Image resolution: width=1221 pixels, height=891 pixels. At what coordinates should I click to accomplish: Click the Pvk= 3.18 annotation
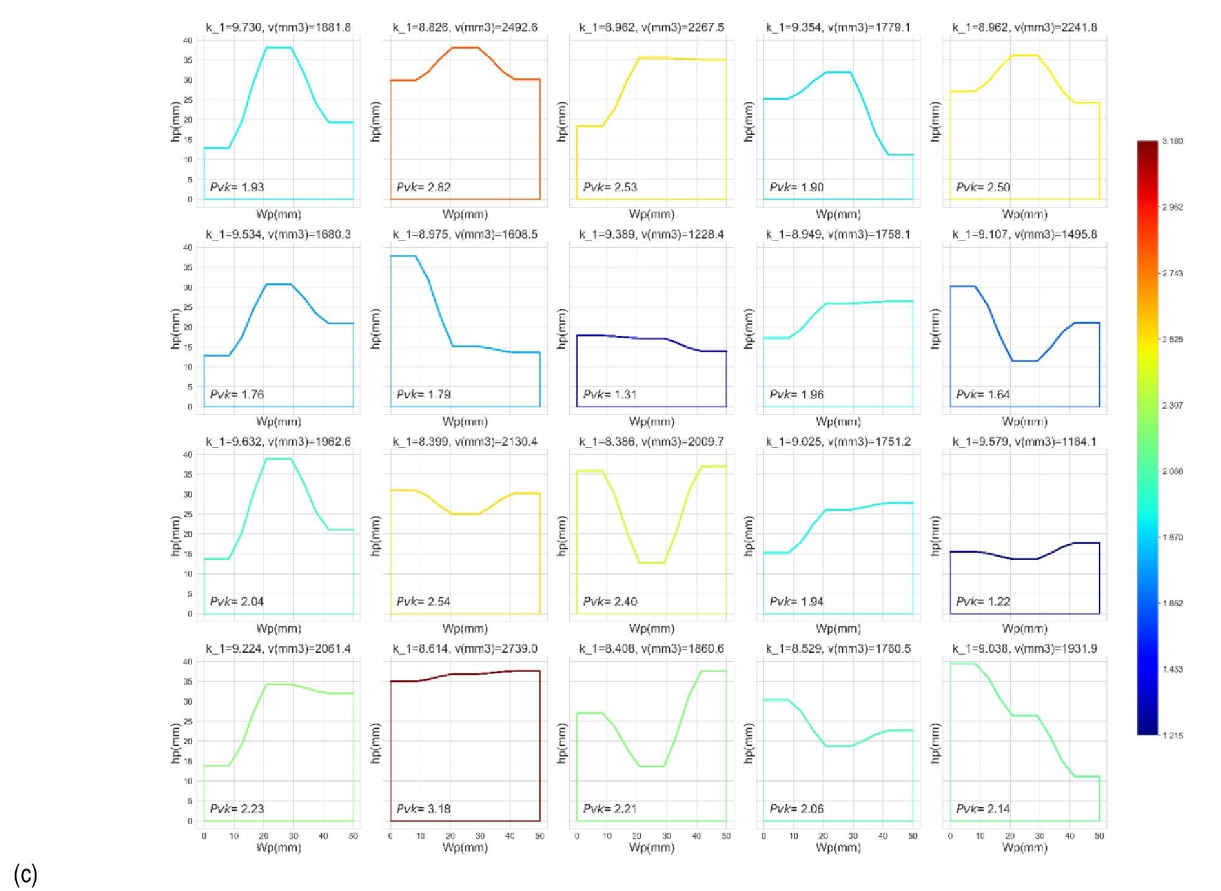coord(423,808)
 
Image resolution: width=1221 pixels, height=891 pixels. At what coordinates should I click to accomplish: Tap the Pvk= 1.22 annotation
coord(983,601)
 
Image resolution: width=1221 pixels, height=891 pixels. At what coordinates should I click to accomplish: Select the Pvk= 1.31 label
coord(610,394)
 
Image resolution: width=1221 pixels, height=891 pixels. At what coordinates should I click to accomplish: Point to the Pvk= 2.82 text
coord(423,187)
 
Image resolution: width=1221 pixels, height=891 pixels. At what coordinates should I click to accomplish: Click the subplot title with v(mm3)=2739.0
coord(465,649)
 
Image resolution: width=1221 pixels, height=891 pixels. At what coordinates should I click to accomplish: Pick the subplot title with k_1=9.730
coord(279,27)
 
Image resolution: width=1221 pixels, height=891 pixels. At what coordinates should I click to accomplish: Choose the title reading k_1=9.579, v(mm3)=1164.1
coord(1025,442)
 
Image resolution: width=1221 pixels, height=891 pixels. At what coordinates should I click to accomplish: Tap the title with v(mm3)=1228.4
coord(651,234)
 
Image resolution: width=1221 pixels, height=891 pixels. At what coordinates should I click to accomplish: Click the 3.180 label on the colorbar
coord(1172,142)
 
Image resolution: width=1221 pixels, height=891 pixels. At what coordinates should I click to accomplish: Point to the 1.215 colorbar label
coord(1172,736)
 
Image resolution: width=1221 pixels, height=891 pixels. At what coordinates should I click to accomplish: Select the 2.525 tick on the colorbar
coord(1172,340)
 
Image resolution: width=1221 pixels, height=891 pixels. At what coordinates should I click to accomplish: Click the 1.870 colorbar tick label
coord(1172,538)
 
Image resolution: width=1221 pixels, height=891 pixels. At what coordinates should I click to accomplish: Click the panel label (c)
coord(26,875)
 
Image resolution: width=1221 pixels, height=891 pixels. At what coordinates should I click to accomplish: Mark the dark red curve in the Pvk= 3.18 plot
coord(465,674)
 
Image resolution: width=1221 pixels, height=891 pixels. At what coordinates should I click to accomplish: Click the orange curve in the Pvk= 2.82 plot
coord(465,47)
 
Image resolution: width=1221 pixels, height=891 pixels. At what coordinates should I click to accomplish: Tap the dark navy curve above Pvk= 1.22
coord(1025,559)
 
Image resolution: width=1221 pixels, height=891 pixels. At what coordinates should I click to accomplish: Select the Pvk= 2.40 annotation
coord(610,601)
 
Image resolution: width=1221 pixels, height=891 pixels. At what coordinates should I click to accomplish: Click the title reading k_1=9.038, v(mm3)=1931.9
coord(1025,649)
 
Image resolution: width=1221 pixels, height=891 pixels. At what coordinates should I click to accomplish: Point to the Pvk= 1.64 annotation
coord(983,394)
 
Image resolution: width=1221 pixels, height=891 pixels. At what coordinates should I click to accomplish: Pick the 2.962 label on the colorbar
coord(1172,207)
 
